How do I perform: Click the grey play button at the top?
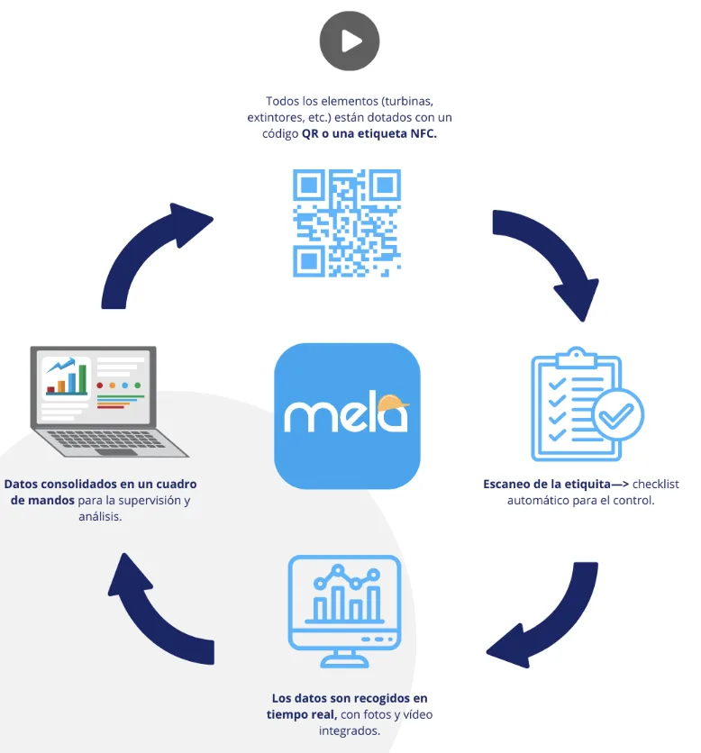350,41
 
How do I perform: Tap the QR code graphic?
347,222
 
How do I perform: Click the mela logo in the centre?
347,415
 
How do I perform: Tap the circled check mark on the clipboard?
616,415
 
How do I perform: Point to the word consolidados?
79,484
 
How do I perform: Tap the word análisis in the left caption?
100,517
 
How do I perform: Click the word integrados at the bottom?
349,730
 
